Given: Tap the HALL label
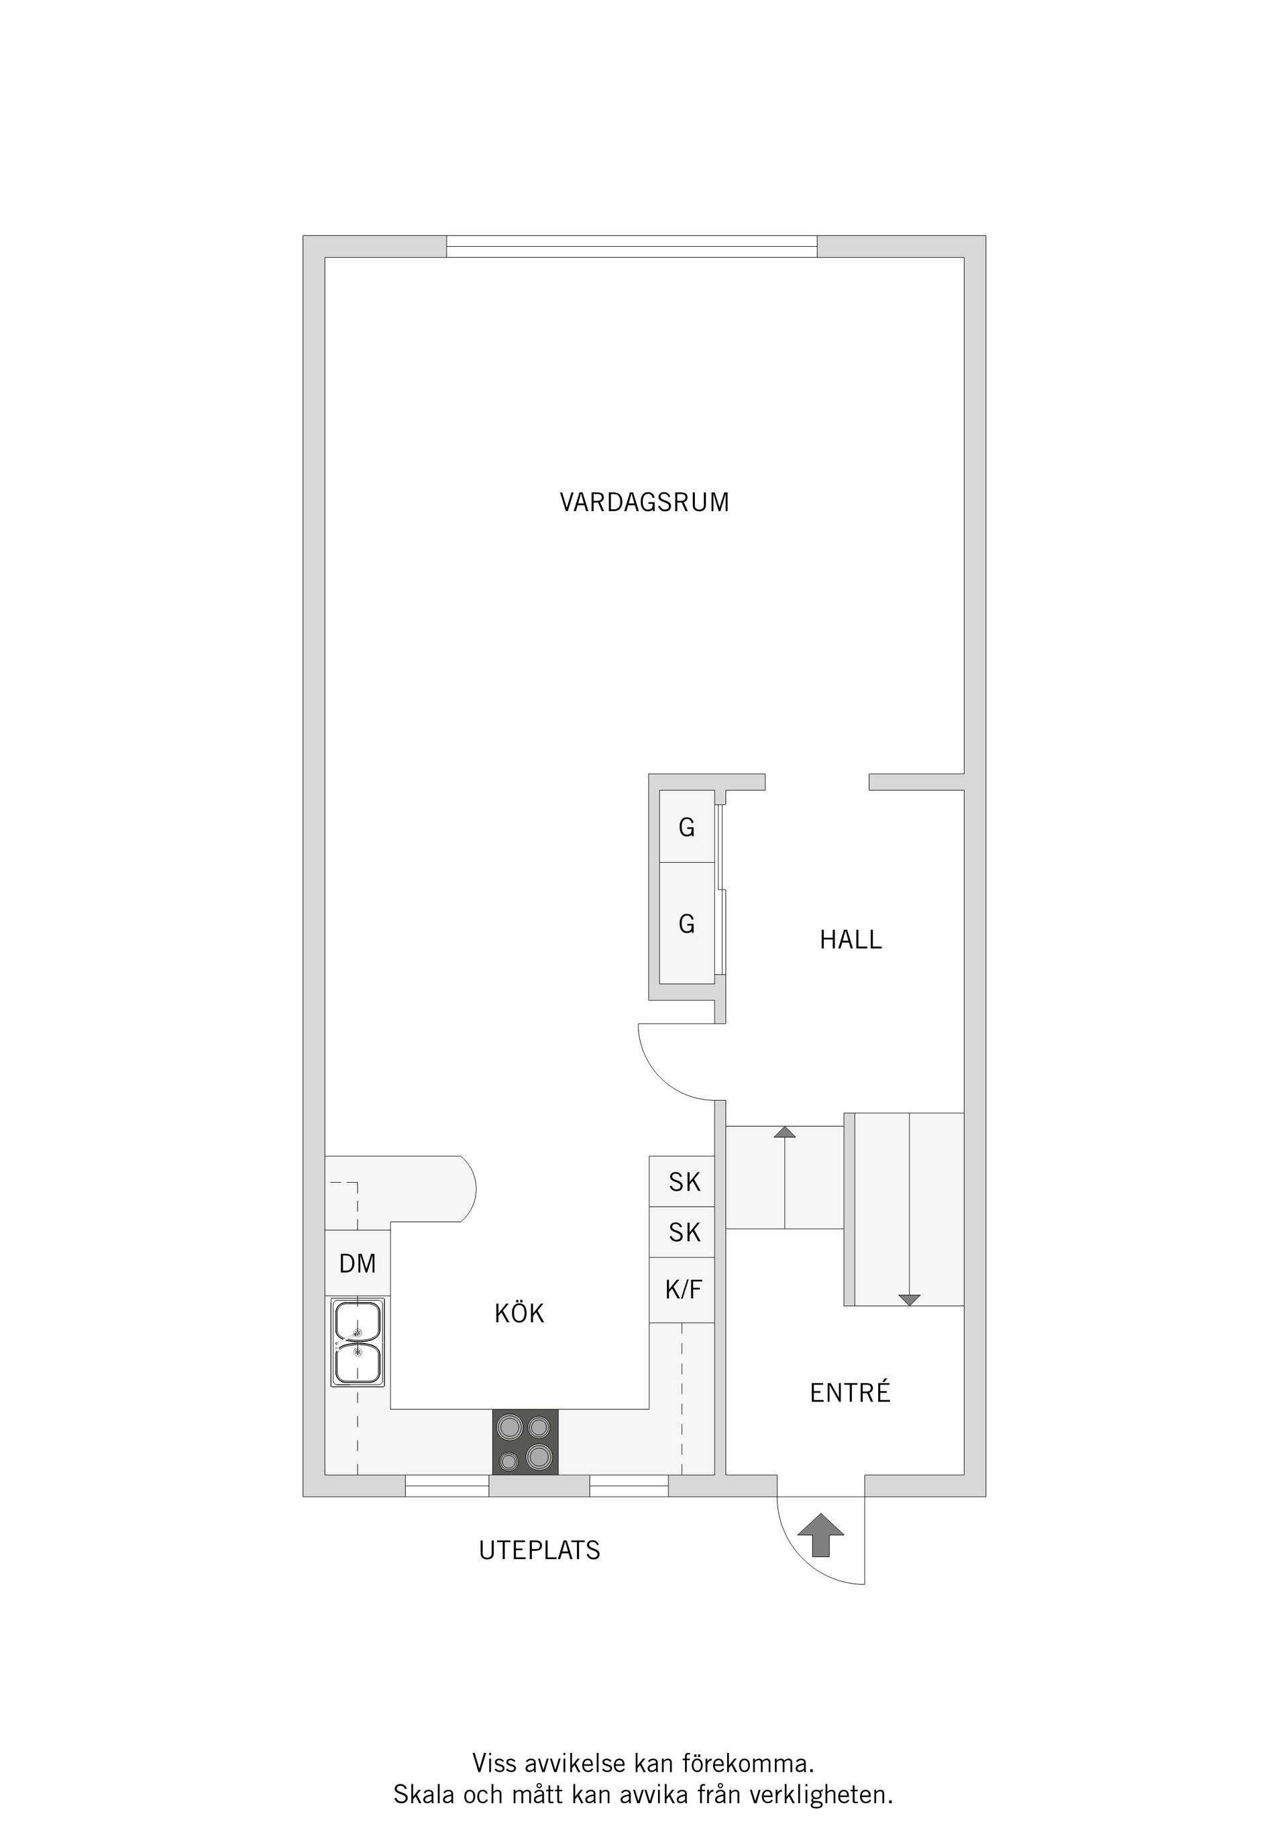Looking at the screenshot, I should click(x=850, y=941).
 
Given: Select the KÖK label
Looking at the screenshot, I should click(x=519, y=1314).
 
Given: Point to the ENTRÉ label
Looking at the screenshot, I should click(x=850, y=1393).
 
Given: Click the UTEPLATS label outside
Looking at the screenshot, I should click(x=539, y=1550).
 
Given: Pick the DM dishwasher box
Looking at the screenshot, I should click(x=357, y=1263).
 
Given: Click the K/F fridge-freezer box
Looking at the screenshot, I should click(x=682, y=1290).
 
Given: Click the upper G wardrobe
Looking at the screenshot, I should click(x=687, y=828).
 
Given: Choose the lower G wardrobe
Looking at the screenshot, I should click(x=687, y=924).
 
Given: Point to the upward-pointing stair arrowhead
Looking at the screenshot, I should click(x=784, y=1132).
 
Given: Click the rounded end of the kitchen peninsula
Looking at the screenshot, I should click(x=467, y=1189).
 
